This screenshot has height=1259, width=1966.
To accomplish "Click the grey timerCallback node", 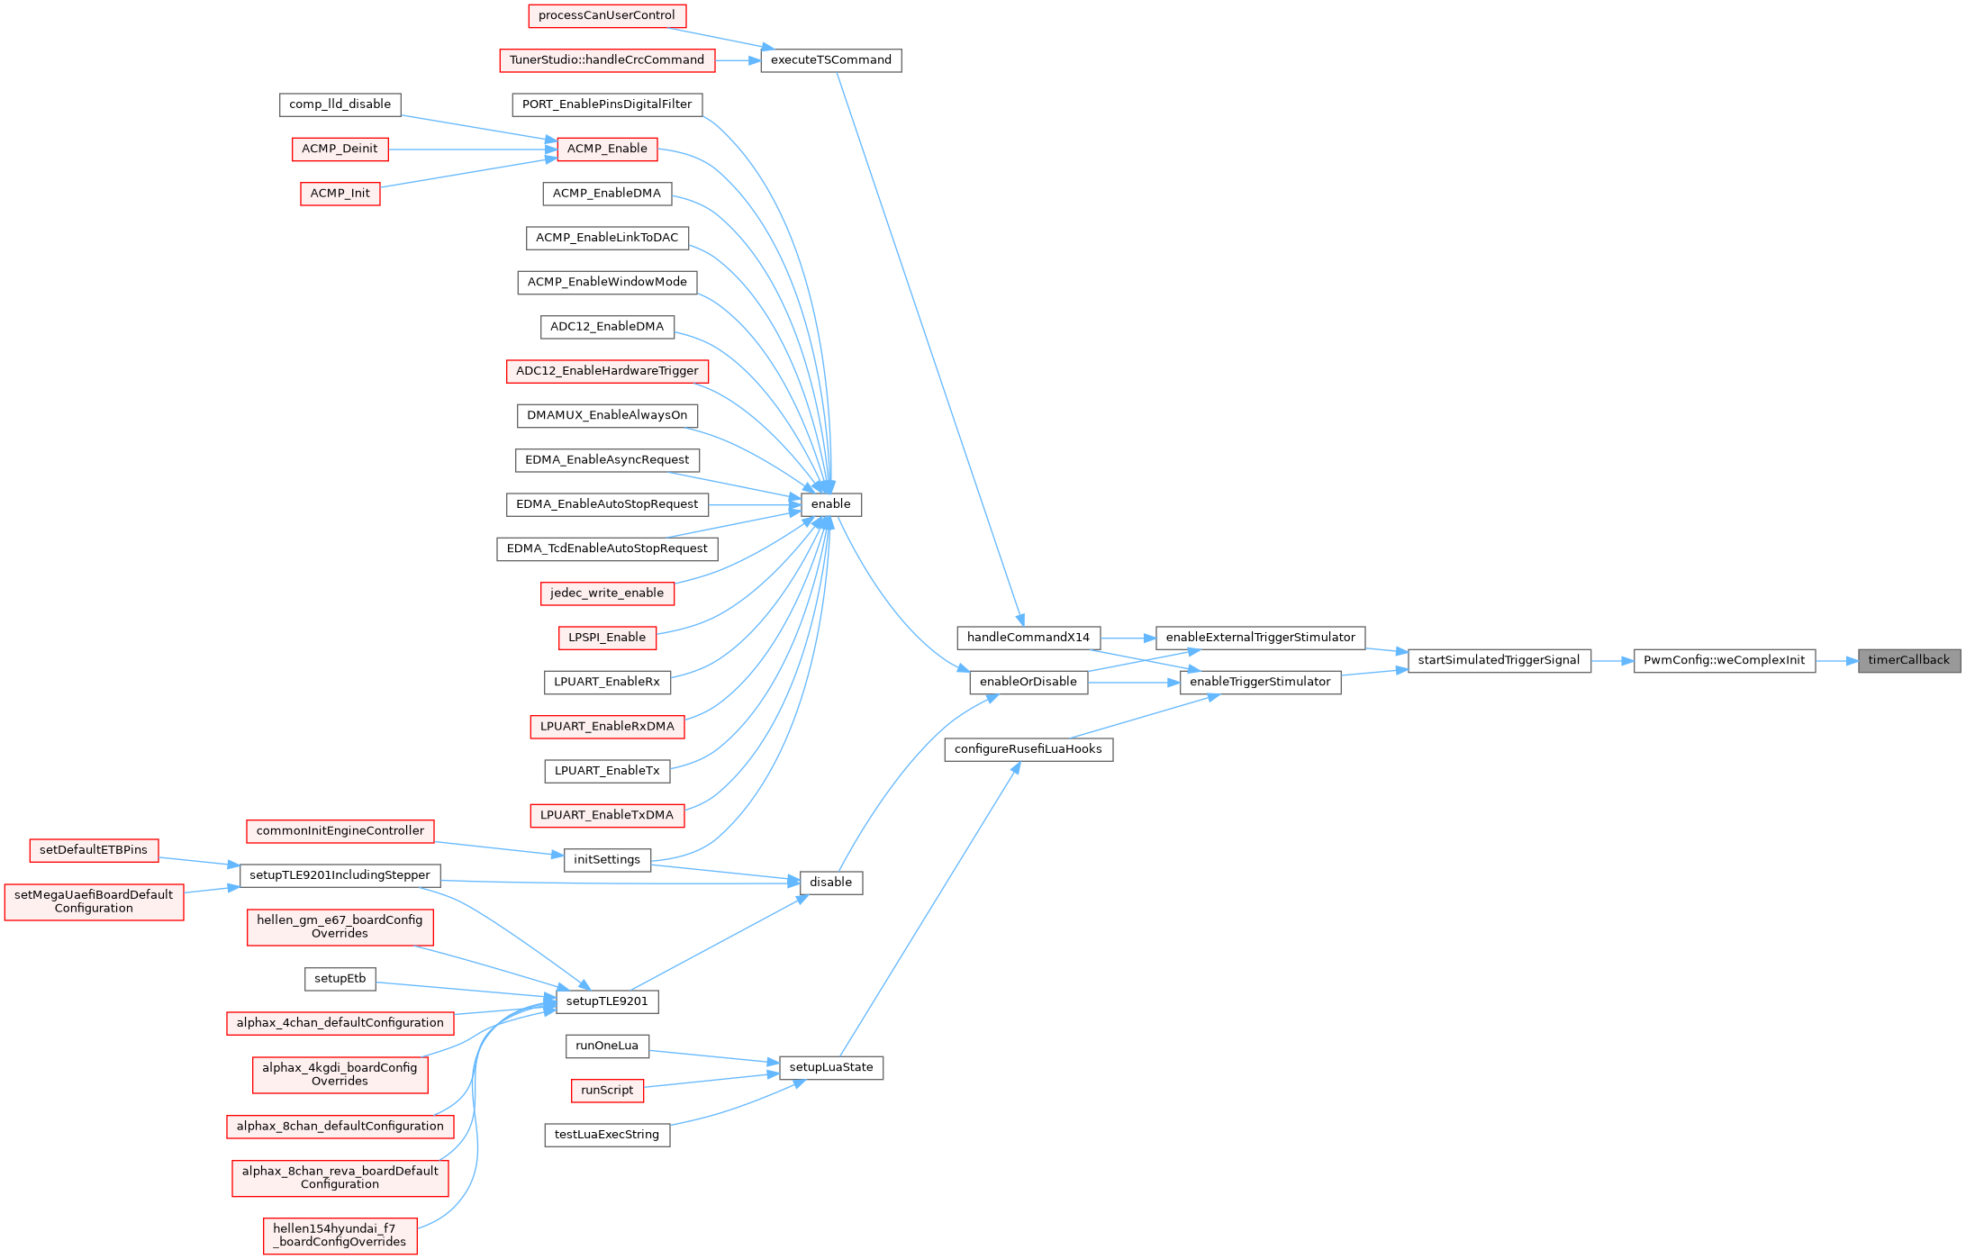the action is pyautogui.click(x=1909, y=660).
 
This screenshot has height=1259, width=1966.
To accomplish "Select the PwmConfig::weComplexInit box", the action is pyautogui.click(x=1724, y=660).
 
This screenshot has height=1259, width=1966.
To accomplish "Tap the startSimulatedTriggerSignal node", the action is pyautogui.click(x=1499, y=660).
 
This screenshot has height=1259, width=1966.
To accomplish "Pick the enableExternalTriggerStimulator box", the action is pyautogui.click(x=1260, y=638).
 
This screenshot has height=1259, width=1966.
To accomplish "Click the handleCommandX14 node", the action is pyautogui.click(x=1028, y=638).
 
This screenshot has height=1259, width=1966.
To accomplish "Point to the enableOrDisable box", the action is pyautogui.click(x=1028, y=682).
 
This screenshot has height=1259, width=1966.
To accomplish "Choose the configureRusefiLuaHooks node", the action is pyautogui.click(x=1028, y=749).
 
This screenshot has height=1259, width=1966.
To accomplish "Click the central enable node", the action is pyautogui.click(x=830, y=504).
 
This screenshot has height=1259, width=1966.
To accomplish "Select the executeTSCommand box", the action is pyautogui.click(x=830, y=60).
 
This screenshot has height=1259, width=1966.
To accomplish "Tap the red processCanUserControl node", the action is pyautogui.click(x=606, y=15).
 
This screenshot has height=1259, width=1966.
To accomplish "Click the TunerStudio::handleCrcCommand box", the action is pyautogui.click(x=606, y=60).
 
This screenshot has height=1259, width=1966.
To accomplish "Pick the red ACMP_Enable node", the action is pyautogui.click(x=606, y=149).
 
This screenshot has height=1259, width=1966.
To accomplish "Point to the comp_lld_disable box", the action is pyautogui.click(x=340, y=104).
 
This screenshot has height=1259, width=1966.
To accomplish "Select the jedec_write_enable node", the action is pyautogui.click(x=606, y=593).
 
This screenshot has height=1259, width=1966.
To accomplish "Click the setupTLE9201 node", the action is pyautogui.click(x=606, y=1001).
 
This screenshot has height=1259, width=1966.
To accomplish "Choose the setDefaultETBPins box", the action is pyautogui.click(x=93, y=850).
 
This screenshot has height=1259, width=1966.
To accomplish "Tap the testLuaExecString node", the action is pyautogui.click(x=606, y=1135).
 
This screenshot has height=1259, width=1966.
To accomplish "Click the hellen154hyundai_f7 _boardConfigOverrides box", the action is pyautogui.click(x=340, y=1236).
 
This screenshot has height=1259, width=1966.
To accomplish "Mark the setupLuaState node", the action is pyautogui.click(x=830, y=1068).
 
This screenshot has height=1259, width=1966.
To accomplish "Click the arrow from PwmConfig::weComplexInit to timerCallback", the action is pyautogui.click(x=1836, y=660).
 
